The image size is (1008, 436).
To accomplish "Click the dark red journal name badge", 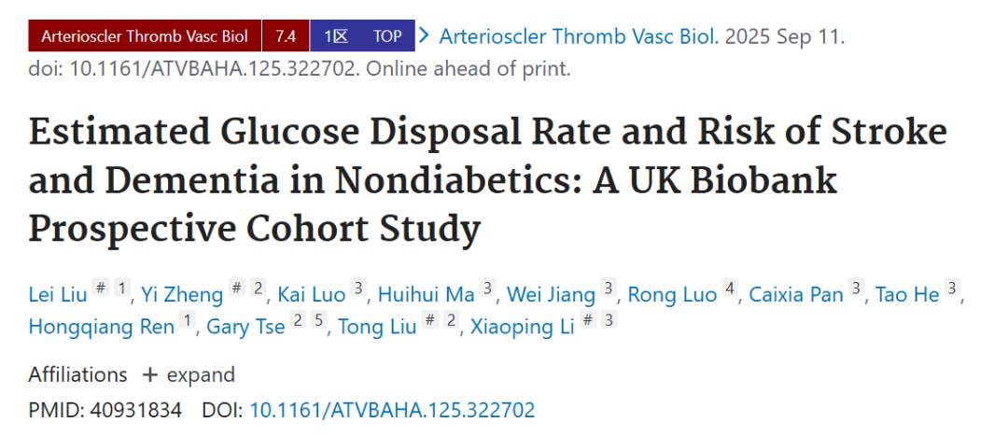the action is point(145,36).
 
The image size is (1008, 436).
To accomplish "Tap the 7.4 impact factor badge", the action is point(286,36).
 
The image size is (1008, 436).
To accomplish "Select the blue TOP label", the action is point(387,36).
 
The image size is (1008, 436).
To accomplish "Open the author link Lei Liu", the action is point(58,294).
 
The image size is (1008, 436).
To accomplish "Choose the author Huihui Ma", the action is point(427,294).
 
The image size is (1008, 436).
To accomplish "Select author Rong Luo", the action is point(672,294).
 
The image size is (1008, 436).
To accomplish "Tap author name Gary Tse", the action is point(245,327).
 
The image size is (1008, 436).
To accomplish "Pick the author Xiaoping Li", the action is point(522,327).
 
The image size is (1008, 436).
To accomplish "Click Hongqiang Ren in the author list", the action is point(102,327).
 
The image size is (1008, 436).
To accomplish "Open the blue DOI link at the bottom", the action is point(392,410).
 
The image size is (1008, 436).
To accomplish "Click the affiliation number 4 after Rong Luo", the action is point(729,290).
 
